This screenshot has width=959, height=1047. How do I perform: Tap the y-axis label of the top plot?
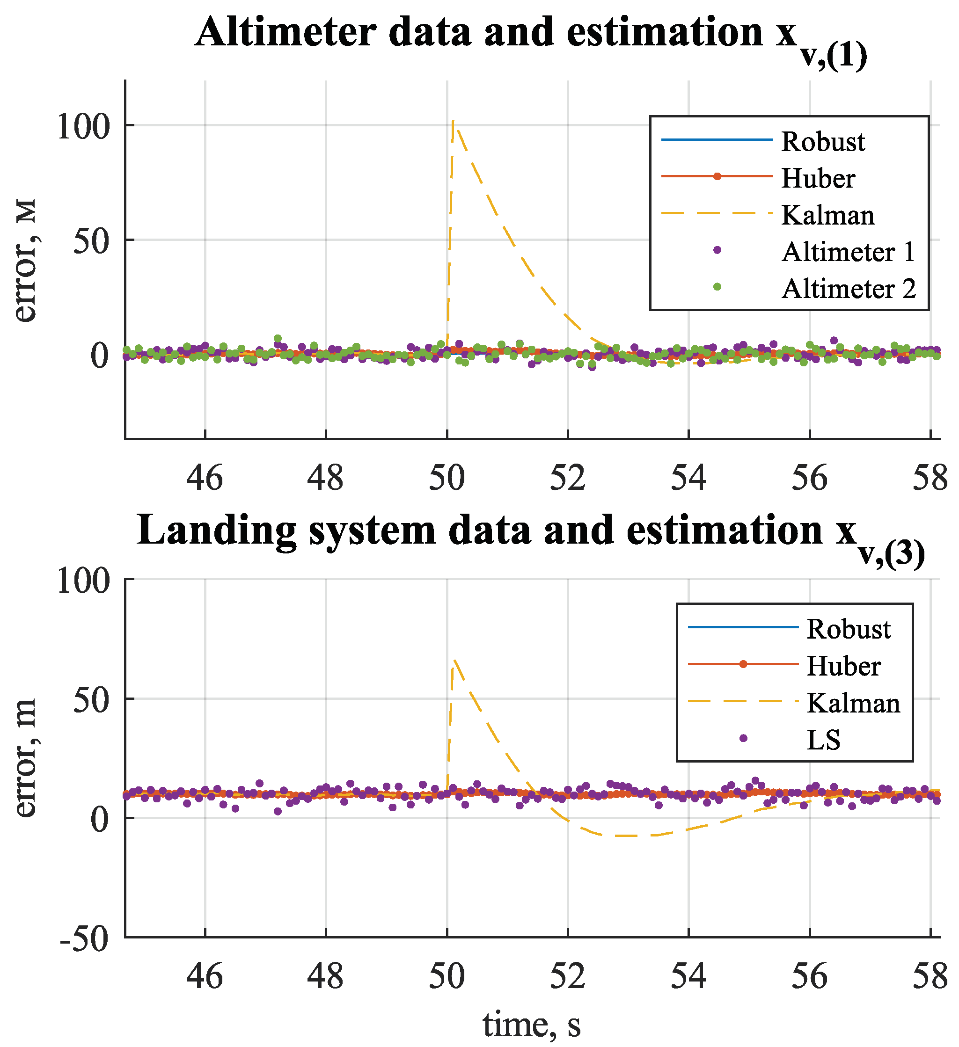coord(25,260)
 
